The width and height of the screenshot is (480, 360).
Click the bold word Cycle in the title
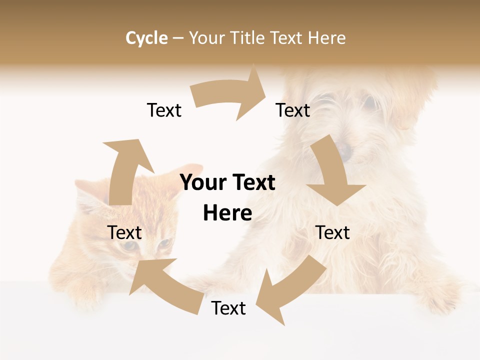tap(146, 38)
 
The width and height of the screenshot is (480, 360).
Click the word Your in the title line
tap(207, 38)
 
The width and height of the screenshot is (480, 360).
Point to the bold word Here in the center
tap(227, 213)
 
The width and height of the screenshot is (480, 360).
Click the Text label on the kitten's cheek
tap(124, 232)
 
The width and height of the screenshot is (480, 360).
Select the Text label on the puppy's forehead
tap(293, 110)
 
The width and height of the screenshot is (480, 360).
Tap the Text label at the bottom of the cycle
tap(228, 308)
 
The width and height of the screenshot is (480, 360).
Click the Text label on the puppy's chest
tap(333, 232)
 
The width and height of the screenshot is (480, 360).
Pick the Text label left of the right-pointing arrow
tap(164, 110)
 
